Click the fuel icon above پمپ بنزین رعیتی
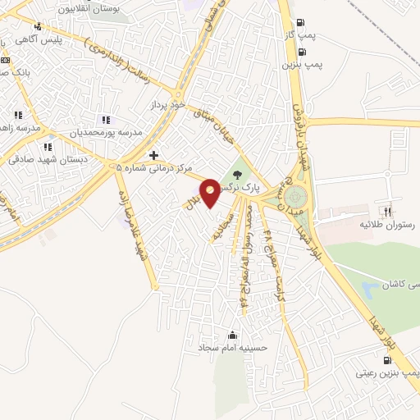387,359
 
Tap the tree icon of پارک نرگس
238,174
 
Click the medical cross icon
153,154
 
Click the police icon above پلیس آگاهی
38,26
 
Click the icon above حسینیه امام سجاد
232,336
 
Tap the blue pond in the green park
370,289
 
